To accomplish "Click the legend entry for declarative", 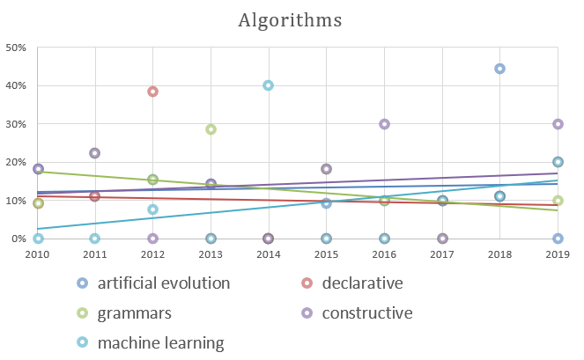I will click(x=351, y=283).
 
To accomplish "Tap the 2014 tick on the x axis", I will click(x=268, y=254).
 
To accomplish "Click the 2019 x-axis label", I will click(x=557, y=254).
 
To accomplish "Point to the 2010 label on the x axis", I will click(x=38, y=254).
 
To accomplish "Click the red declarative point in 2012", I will click(x=152, y=92).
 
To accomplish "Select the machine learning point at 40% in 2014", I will click(x=268, y=85).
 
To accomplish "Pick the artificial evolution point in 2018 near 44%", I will click(x=499, y=69).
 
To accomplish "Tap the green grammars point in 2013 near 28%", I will click(x=211, y=129).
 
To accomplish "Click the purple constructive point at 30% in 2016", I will click(x=384, y=124).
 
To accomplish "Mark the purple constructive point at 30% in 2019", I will click(x=558, y=124).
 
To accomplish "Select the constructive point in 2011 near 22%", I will click(x=95, y=153).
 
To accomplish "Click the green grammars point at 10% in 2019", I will click(x=558, y=201).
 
